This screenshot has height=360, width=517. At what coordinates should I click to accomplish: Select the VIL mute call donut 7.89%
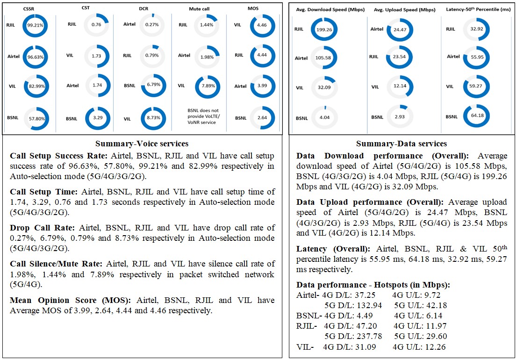(207, 86)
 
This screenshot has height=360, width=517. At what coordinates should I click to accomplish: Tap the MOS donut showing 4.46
(262, 28)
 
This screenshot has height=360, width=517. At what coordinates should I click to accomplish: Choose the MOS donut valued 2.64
(262, 118)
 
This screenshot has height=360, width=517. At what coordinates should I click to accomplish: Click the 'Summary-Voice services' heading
(142, 144)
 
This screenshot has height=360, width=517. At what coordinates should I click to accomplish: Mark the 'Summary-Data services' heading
(402, 144)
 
